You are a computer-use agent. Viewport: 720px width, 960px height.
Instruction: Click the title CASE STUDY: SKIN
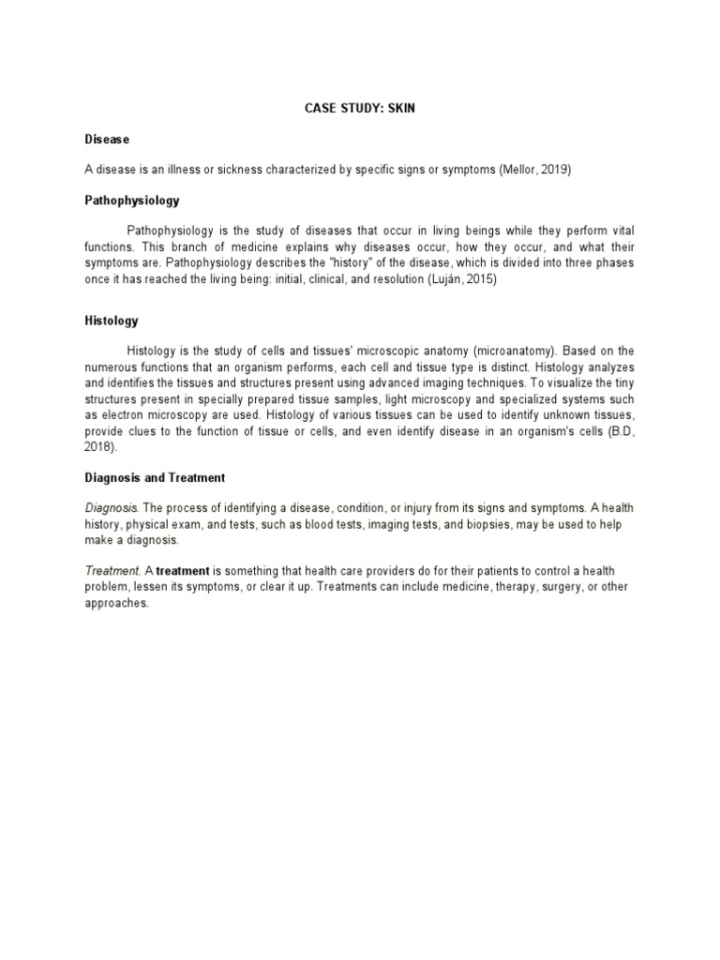click(x=359, y=109)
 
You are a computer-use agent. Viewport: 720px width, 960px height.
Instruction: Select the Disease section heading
click(x=106, y=139)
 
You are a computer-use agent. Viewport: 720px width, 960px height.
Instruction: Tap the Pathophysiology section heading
click(x=131, y=201)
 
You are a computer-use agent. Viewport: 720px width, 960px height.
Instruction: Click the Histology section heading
click(x=111, y=321)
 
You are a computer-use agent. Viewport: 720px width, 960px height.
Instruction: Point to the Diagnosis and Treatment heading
click(x=155, y=477)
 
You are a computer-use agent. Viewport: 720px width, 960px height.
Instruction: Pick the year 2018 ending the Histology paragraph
click(x=98, y=446)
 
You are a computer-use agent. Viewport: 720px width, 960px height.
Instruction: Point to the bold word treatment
click(x=183, y=571)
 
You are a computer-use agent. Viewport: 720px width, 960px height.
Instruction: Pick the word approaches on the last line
click(x=116, y=603)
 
